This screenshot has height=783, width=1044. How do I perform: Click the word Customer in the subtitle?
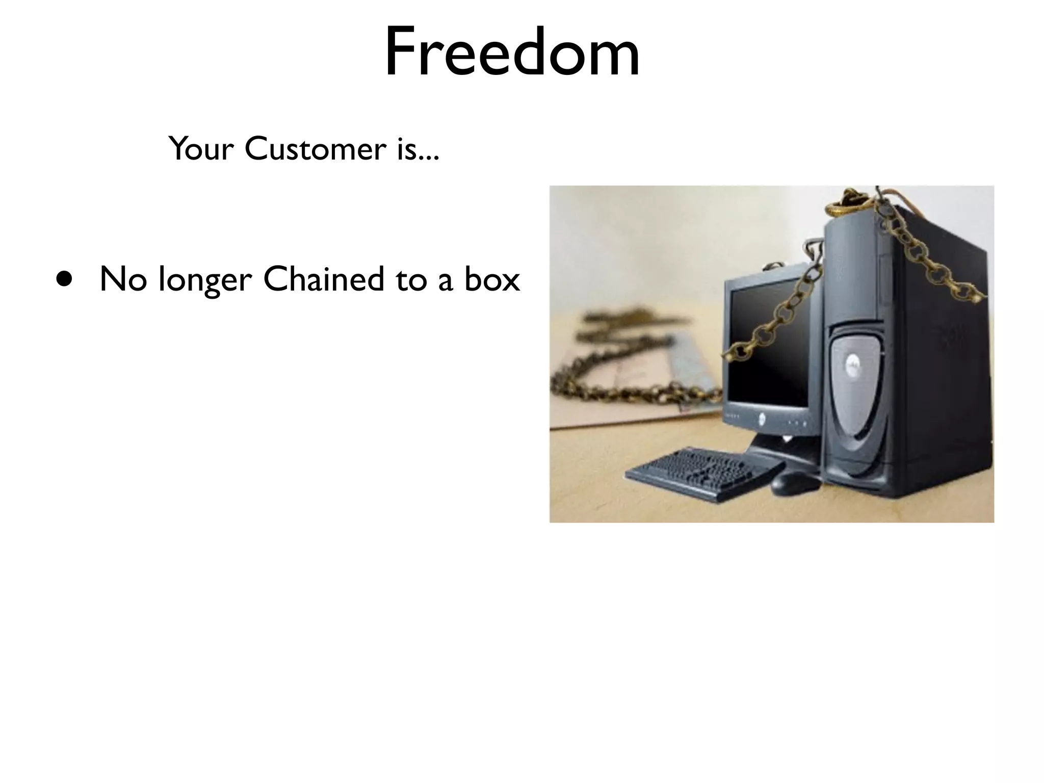point(314,149)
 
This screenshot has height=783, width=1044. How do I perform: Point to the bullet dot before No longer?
point(64,280)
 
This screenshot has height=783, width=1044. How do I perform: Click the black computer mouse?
point(795,482)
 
